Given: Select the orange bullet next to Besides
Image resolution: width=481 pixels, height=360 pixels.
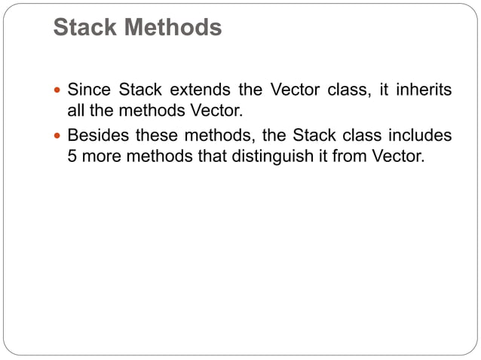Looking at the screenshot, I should [60, 137].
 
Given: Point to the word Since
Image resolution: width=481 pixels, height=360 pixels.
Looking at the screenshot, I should [88, 90].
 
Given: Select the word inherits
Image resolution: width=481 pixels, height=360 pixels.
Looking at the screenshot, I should [424, 90].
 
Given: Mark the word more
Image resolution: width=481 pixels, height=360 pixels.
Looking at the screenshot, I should [103, 157].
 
